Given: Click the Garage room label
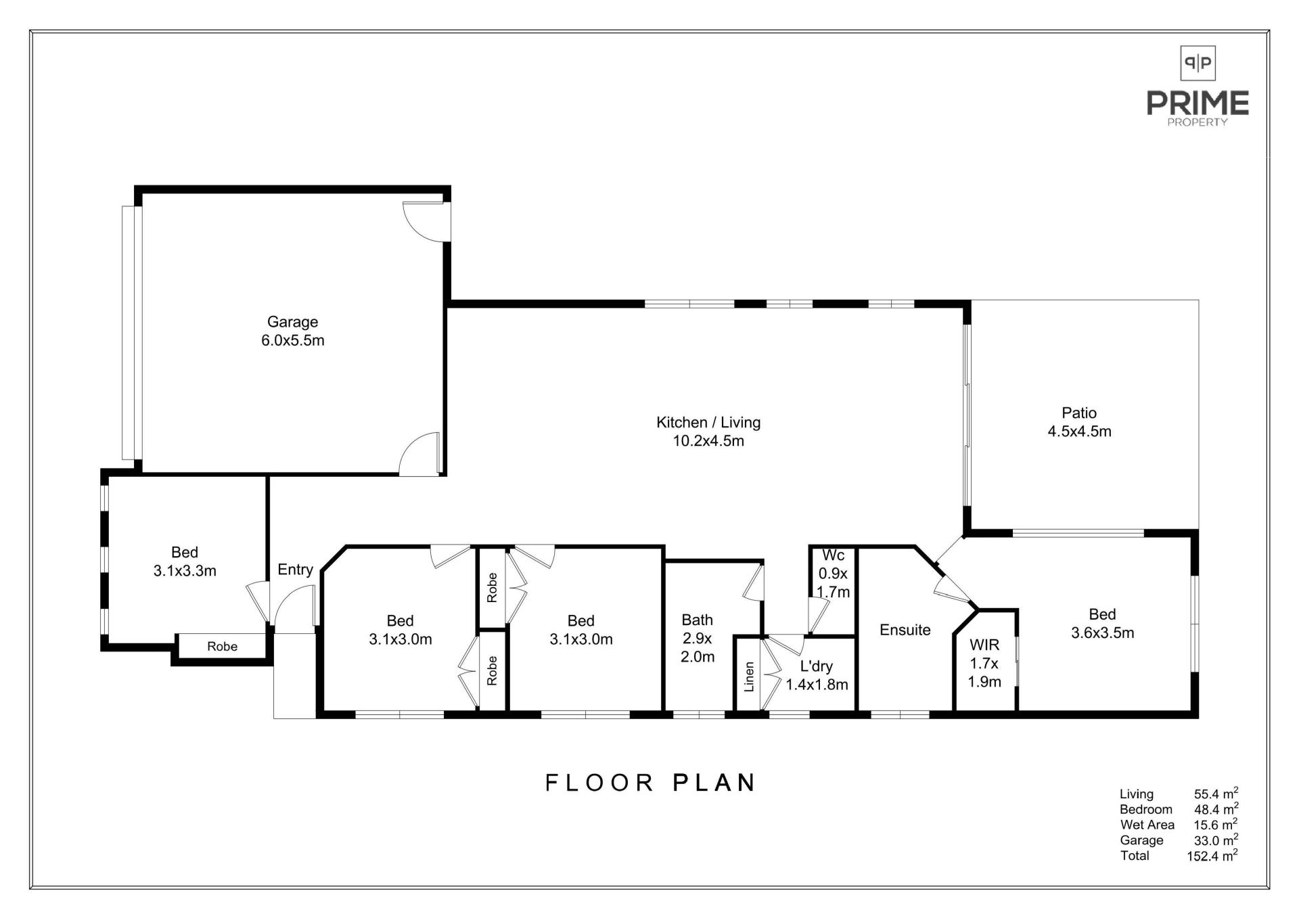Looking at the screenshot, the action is [293, 331].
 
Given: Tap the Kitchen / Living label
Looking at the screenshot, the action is [708, 432].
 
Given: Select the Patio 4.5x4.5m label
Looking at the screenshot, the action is [1079, 422].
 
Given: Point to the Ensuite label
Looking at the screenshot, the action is [905, 630].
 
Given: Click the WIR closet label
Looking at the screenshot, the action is [984, 664].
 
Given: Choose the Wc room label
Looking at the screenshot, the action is [833, 574].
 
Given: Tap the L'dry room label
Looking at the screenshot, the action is [817, 675].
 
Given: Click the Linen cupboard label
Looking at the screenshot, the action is [749, 676].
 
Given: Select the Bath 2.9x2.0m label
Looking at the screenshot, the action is [698, 638].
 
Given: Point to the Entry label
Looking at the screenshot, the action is [295, 570].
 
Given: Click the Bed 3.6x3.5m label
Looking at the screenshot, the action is [1102, 624].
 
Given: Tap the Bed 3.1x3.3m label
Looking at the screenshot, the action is [185, 561].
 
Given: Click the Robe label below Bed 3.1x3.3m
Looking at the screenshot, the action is [222, 647].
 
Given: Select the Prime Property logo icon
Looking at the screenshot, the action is [1198, 64].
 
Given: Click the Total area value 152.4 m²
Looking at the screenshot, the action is [1212, 856].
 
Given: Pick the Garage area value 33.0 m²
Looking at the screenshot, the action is [1216, 840].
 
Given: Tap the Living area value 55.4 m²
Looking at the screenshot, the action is [1216, 794].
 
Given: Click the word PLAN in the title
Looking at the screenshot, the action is [714, 783].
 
